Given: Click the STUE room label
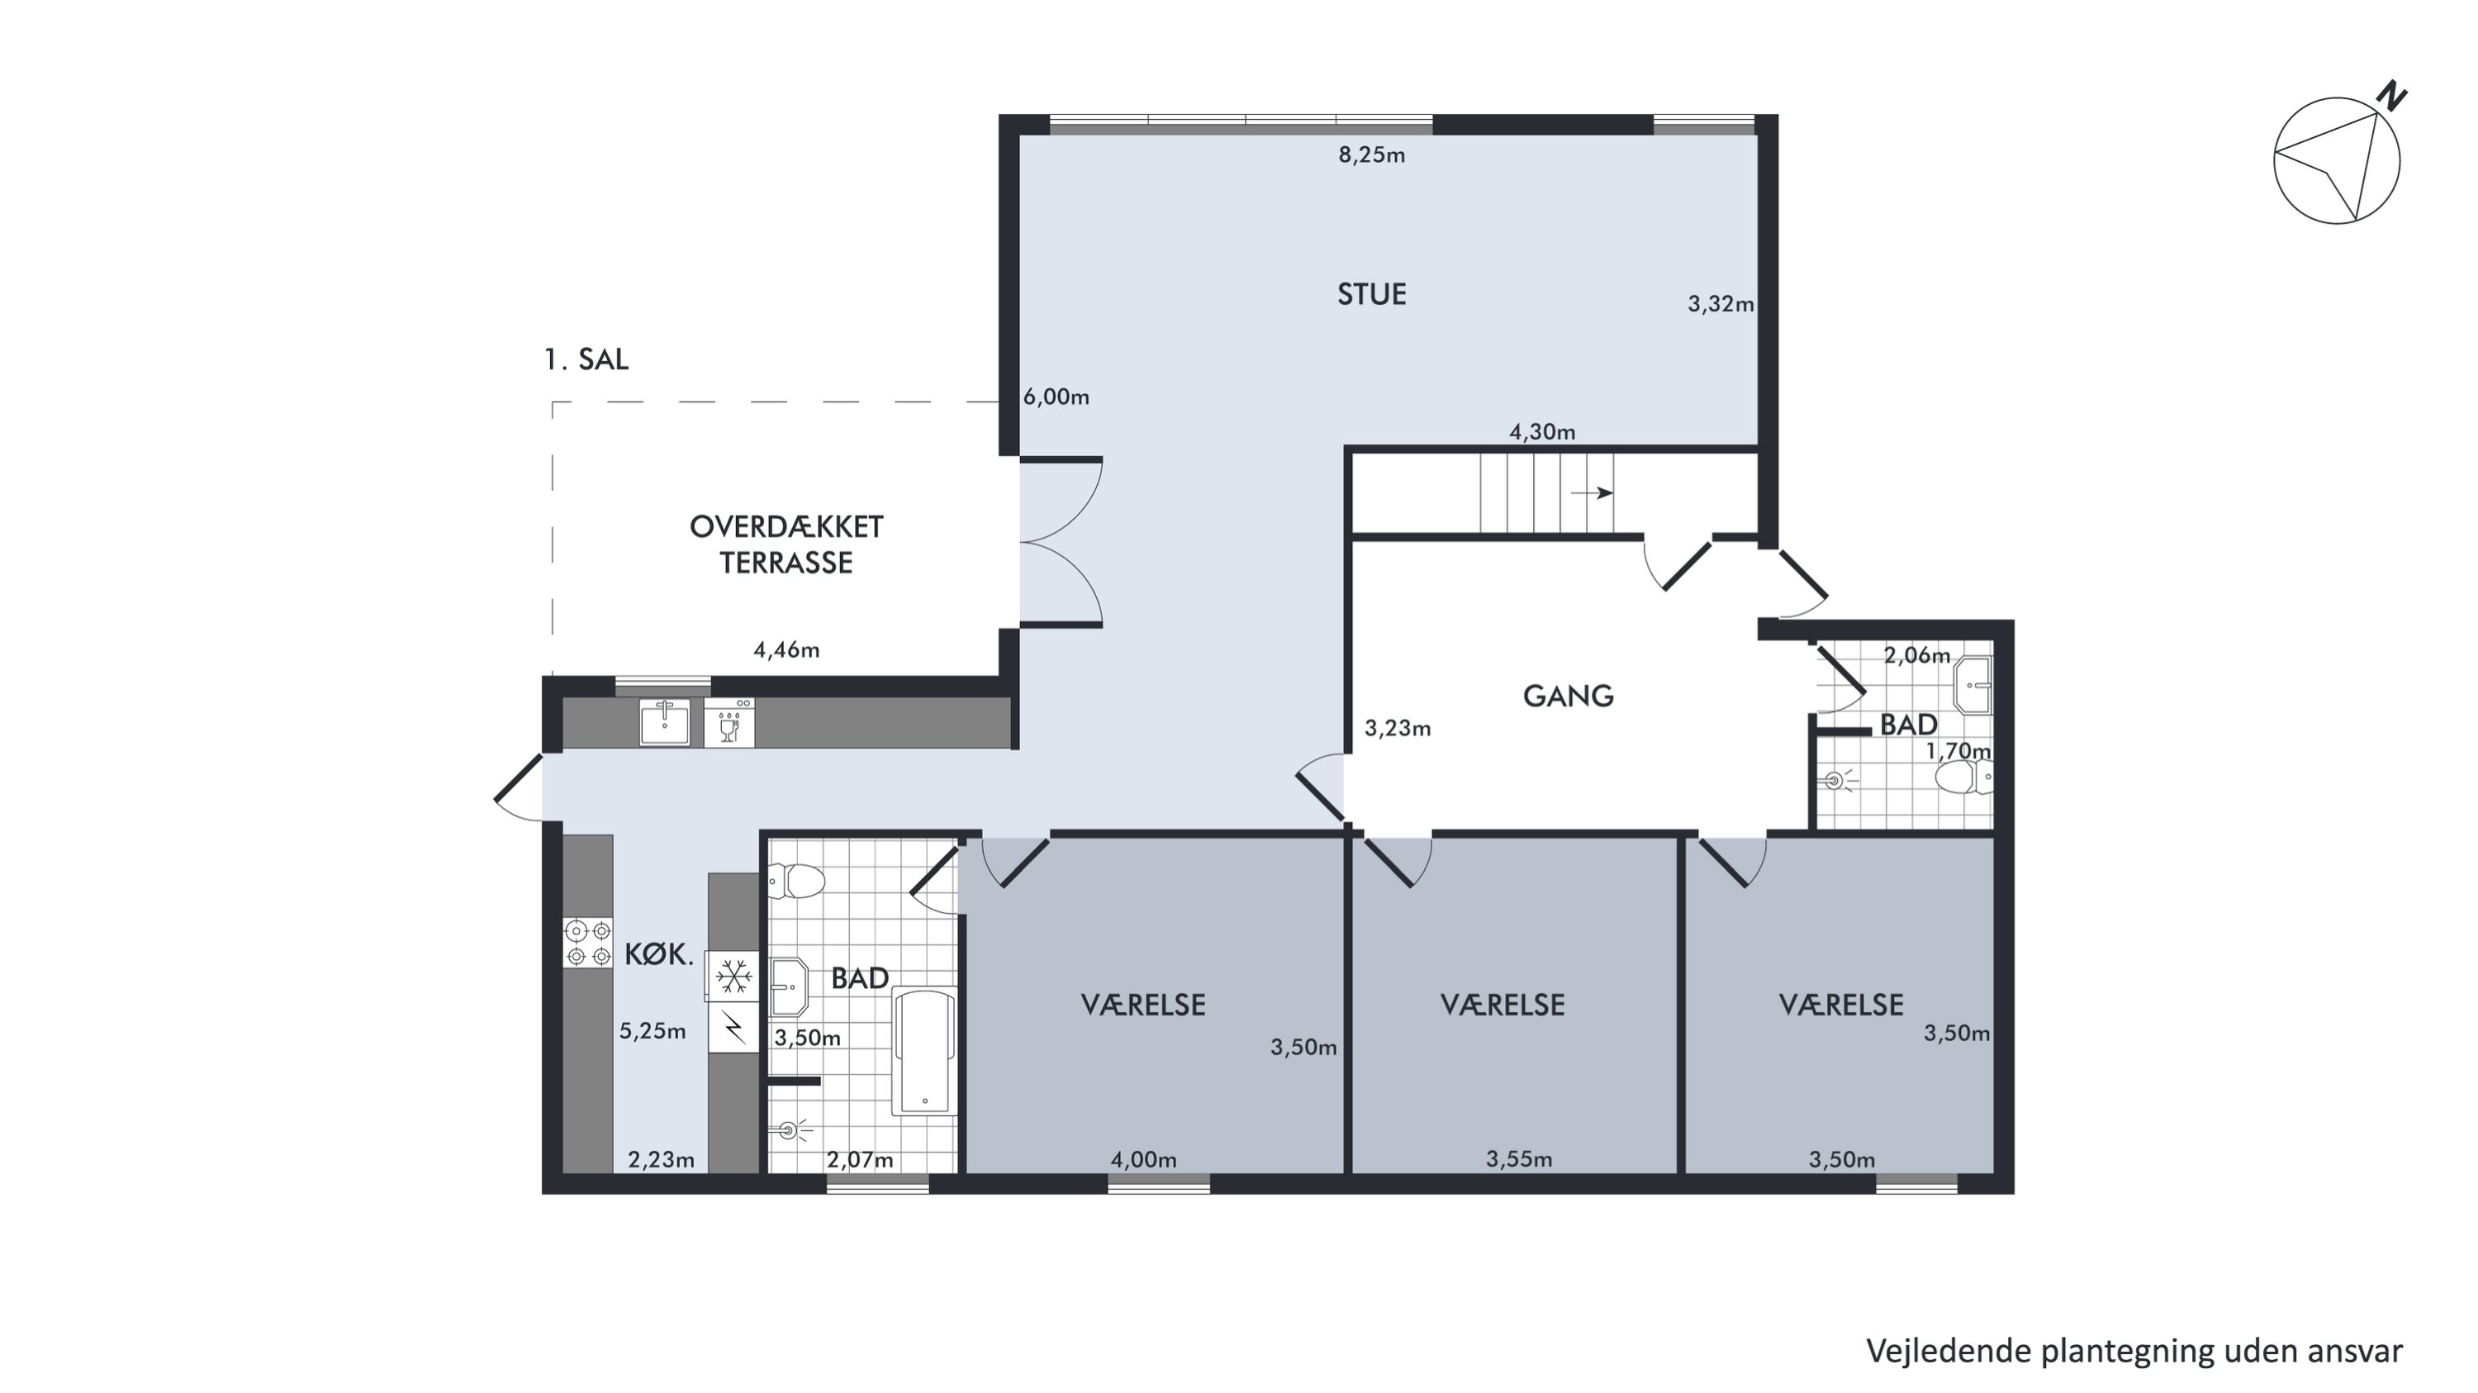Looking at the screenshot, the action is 1371,294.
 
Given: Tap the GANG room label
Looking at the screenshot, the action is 1568,696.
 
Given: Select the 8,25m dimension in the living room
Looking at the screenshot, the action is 1372,155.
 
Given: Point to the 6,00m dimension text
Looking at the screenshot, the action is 1056,397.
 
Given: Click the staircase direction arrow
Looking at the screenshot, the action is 1592,492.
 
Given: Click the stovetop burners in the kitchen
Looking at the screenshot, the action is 588,943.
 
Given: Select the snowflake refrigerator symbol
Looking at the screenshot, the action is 735,977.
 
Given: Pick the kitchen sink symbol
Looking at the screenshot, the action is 665,722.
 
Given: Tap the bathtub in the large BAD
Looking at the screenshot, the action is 924,1053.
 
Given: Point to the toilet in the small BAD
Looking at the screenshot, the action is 1963,777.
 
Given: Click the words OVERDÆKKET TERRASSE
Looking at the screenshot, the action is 786,544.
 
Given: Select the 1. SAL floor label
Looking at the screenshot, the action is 586,359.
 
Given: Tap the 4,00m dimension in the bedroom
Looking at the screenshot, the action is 1144,1160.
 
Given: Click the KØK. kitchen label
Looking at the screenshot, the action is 659,954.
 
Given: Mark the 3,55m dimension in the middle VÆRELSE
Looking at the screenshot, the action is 1519,1160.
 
